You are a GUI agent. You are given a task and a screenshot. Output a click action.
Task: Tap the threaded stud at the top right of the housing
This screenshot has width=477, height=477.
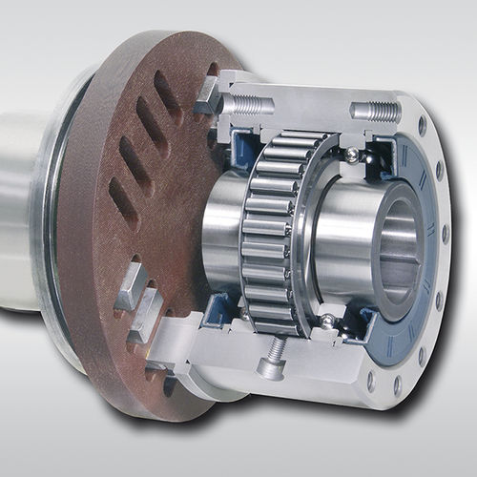pos(376,112)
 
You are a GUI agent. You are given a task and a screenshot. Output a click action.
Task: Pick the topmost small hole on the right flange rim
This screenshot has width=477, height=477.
pos(420,127)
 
